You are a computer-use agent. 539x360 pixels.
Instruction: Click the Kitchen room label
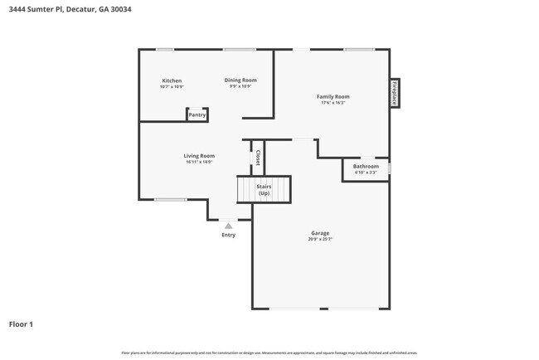pyautogui.click(x=172, y=80)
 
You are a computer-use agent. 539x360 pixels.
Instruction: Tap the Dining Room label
pyautogui.click(x=240, y=80)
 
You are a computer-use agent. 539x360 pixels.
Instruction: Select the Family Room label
pyautogui.click(x=333, y=97)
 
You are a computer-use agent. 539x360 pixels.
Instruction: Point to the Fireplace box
pyautogui.click(x=395, y=93)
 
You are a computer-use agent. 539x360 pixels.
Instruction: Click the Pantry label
pyautogui.click(x=197, y=115)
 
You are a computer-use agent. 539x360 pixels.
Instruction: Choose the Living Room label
pyautogui.click(x=199, y=156)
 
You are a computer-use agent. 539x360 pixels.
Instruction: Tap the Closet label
pyautogui.click(x=258, y=158)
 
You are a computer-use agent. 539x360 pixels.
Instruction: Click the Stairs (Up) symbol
pyautogui.click(x=264, y=190)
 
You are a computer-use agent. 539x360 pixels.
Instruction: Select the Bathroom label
pyautogui.click(x=366, y=167)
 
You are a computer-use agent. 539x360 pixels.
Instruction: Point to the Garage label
pyautogui.click(x=320, y=233)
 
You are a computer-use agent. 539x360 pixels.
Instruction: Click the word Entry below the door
pyautogui.click(x=228, y=235)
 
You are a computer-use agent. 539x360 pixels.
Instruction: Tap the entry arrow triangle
pyautogui.click(x=228, y=226)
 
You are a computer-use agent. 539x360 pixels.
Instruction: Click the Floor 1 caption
pyautogui.click(x=21, y=324)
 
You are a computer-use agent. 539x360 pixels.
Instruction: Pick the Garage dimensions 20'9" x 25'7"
pyautogui.click(x=320, y=240)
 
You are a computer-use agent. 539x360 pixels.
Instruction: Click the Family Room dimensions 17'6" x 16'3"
pyautogui.click(x=333, y=103)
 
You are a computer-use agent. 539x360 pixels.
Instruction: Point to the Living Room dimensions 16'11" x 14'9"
pyautogui.click(x=199, y=162)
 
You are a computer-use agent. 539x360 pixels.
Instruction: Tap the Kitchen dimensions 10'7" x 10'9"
pyautogui.click(x=172, y=86)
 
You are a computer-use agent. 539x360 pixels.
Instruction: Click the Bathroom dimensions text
pyautogui.click(x=366, y=173)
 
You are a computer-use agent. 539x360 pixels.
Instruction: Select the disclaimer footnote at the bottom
pyautogui.click(x=269, y=353)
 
